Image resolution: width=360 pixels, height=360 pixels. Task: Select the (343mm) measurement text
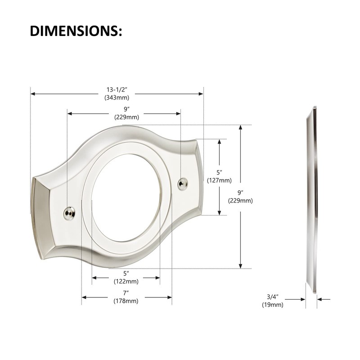point(117,97)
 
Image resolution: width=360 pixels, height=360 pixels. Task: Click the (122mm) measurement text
point(126,281)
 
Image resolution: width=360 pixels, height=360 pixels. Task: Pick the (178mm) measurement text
point(126,301)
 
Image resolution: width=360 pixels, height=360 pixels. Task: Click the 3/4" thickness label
point(273,297)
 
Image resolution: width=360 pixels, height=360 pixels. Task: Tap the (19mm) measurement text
point(273,305)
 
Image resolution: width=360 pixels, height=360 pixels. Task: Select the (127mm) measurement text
point(219,180)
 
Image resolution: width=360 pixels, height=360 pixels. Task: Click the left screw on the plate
point(69,211)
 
